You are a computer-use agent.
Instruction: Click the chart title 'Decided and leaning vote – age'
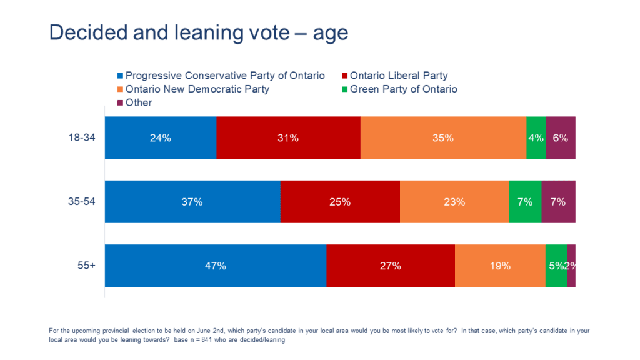click(x=198, y=33)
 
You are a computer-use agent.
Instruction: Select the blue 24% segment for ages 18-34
click(x=161, y=138)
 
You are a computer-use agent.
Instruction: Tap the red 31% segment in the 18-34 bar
click(x=288, y=138)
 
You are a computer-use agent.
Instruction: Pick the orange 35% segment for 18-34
click(x=443, y=138)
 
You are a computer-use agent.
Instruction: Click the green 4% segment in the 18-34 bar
click(x=536, y=138)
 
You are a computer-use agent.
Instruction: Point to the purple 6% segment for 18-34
click(x=560, y=138)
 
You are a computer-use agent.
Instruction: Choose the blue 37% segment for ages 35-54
click(x=192, y=202)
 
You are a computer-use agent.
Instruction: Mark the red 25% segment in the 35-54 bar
click(x=340, y=202)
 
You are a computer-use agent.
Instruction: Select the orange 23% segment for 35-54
click(x=454, y=202)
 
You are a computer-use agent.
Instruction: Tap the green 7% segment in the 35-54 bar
click(x=525, y=202)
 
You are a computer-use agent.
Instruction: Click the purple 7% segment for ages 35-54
click(x=558, y=202)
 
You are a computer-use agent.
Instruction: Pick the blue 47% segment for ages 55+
click(x=216, y=266)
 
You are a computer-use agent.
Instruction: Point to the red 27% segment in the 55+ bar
click(x=391, y=266)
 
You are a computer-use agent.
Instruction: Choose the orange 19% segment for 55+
click(x=500, y=266)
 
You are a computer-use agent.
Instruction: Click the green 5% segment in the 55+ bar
click(x=556, y=266)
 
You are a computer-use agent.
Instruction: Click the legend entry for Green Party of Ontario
click(x=403, y=89)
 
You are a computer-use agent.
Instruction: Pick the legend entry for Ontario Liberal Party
click(x=398, y=76)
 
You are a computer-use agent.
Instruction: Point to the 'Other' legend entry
click(x=138, y=102)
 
